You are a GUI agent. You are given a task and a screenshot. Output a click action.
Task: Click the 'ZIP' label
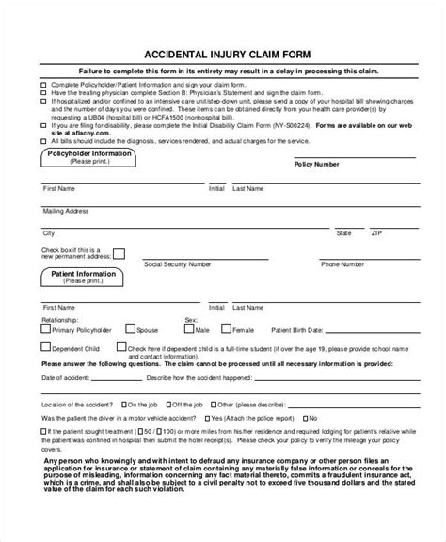coord(375,231)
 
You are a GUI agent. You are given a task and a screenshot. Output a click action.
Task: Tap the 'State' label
coord(343,231)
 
